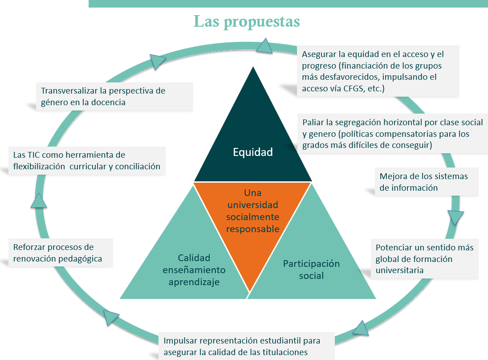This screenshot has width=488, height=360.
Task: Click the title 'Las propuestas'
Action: coord(246,21)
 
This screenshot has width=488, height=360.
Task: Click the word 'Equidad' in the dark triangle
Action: coord(252,152)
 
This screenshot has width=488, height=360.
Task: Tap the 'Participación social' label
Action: coord(311,269)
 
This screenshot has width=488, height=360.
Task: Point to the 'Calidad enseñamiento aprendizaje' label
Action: coord(194,270)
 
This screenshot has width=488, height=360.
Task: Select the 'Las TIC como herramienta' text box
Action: coord(86,161)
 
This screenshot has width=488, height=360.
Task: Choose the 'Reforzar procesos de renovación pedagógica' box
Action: coord(61,253)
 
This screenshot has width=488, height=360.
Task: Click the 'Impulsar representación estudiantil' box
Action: coord(242,346)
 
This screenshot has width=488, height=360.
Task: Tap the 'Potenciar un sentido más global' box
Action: coord(424,259)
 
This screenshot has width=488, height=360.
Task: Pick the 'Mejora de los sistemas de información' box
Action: coord(423,182)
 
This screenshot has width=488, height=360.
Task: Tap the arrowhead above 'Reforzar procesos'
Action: coord(39,201)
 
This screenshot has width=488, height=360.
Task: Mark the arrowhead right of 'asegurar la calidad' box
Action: coord(361,328)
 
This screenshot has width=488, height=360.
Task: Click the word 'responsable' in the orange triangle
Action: coord(252,229)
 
